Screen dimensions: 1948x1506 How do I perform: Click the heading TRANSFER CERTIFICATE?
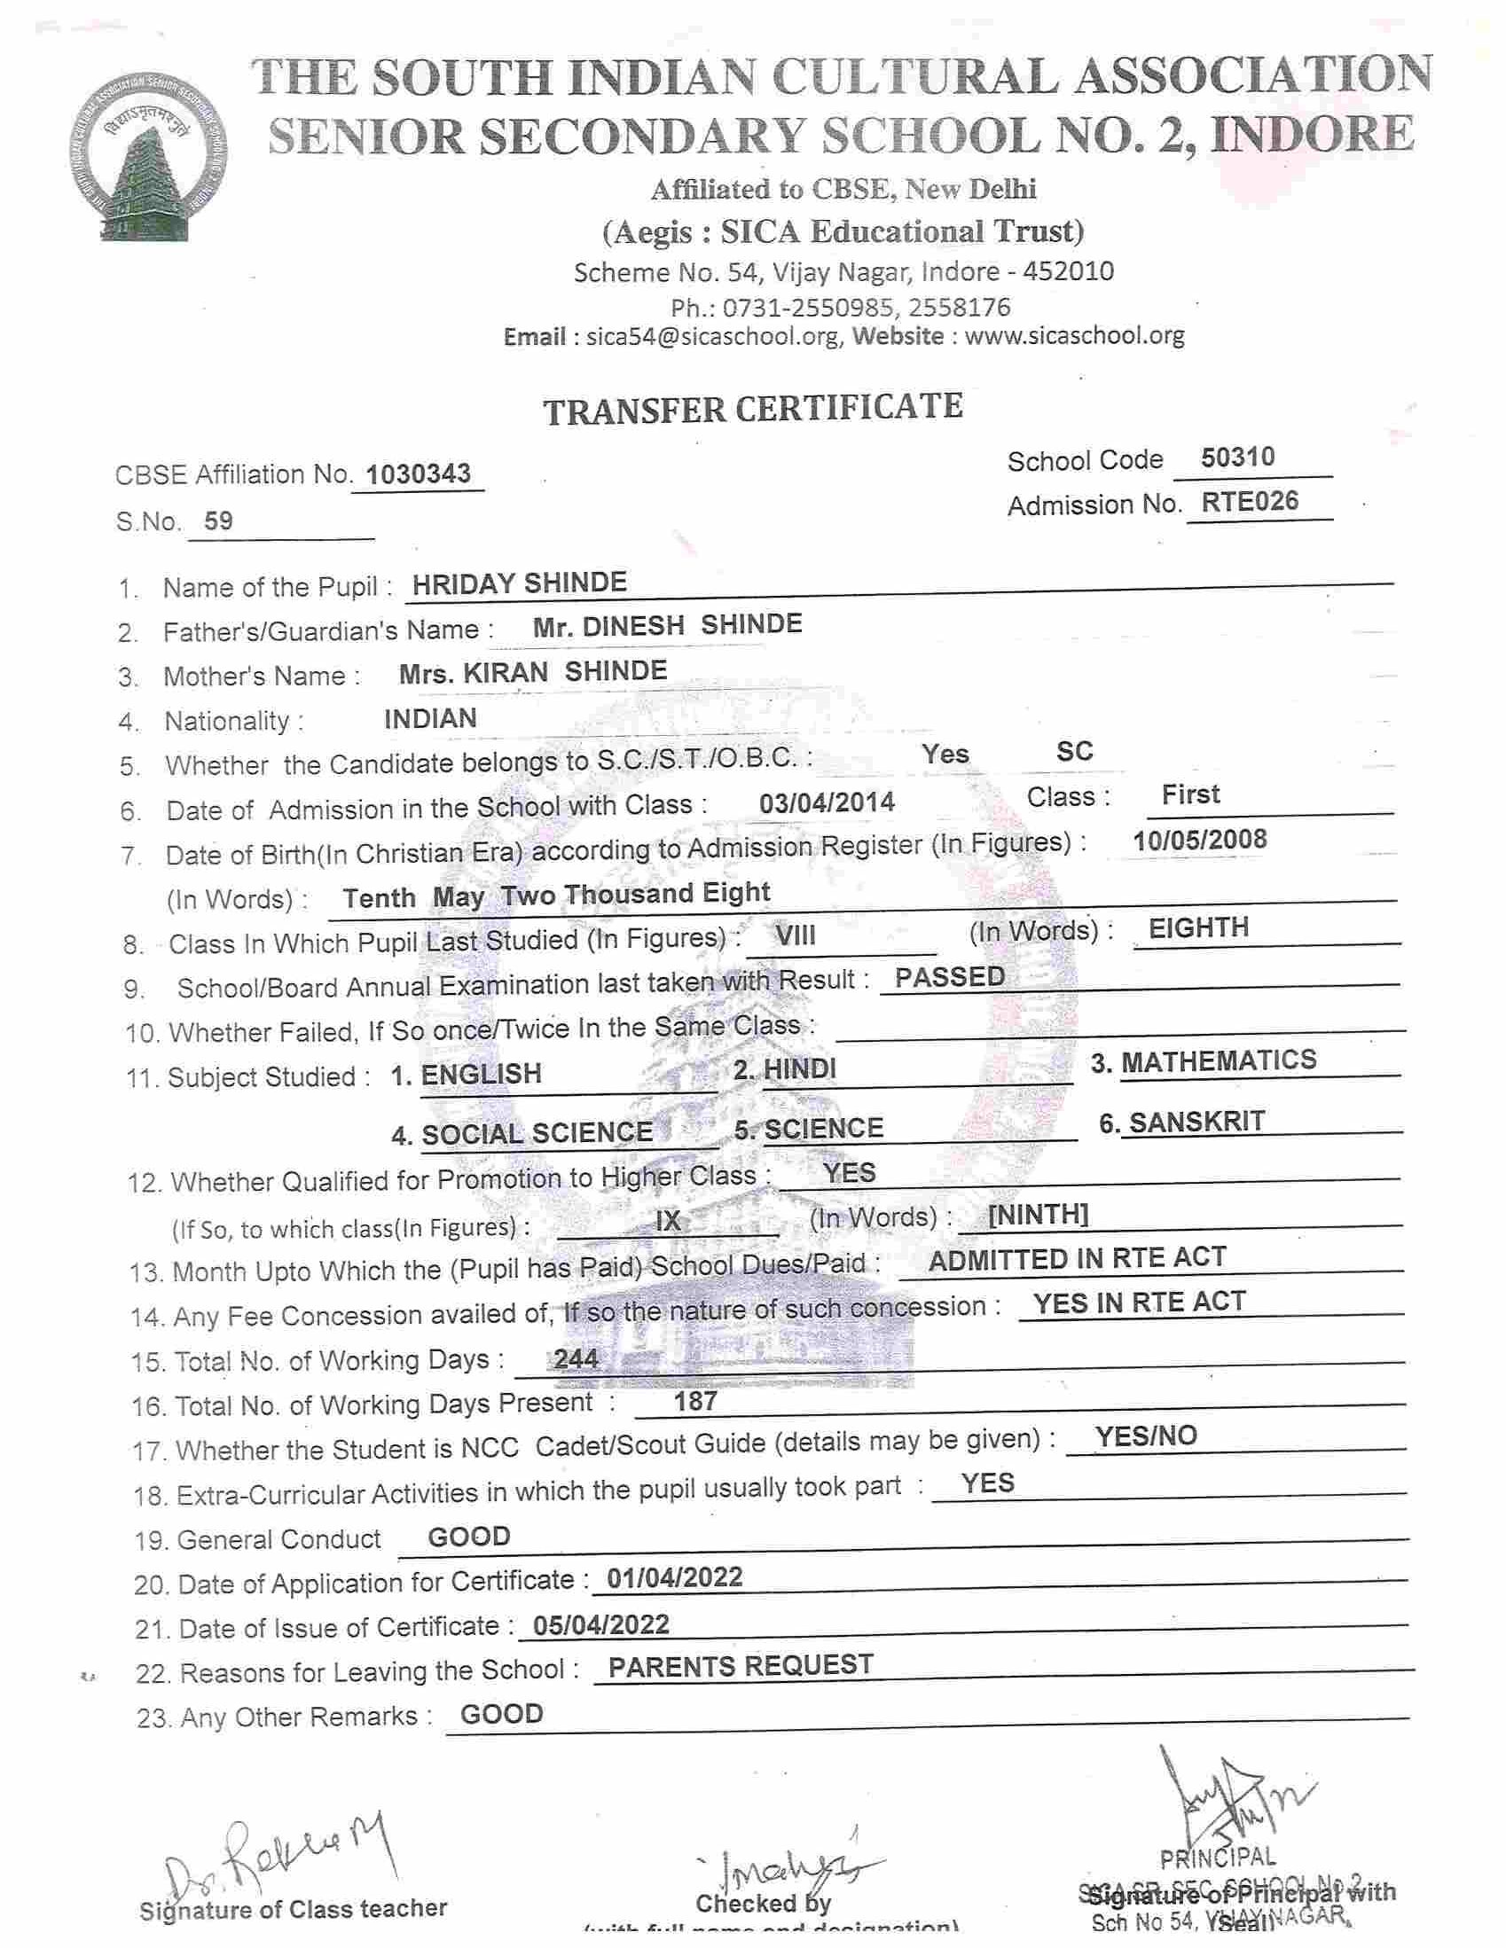(x=753, y=409)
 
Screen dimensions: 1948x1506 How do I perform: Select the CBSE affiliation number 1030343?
(x=419, y=473)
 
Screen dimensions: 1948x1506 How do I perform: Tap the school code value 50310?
(x=1237, y=458)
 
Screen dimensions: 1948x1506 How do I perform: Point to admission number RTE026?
(x=1250, y=501)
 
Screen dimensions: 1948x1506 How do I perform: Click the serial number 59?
(x=218, y=520)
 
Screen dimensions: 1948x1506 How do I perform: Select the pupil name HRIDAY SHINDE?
(x=519, y=583)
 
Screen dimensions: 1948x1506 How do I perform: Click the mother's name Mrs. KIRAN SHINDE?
(x=533, y=671)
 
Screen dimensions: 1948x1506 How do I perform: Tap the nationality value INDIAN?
(x=430, y=718)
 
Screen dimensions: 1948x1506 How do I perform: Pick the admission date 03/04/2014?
(x=826, y=802)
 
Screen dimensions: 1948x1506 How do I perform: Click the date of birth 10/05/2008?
(x=1199, y=840)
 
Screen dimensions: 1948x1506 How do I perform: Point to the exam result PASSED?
(x=949, y=978)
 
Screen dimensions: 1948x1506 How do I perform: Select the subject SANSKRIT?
(x=1196, y=1121)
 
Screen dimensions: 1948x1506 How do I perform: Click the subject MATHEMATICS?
(x=1219, y=1060)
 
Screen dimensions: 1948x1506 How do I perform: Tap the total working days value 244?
(x=576, y=1358)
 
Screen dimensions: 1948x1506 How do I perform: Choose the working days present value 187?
(x=695, y=1401)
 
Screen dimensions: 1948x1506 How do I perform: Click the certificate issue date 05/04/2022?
(x=600, y=1624)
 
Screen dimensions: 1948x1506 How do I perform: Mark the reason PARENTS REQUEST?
(x=741, y=1666)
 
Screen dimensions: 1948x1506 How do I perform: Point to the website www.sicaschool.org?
(x=1074, y=336)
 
